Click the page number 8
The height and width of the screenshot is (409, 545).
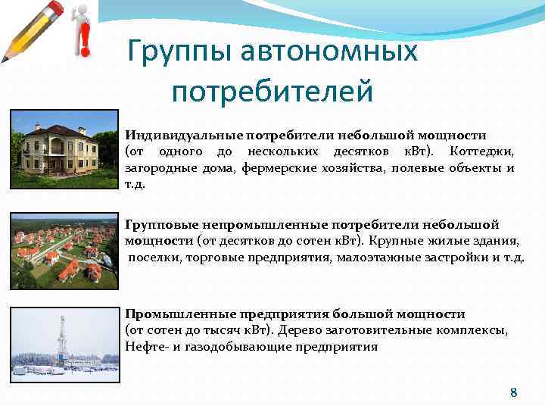tap(514, 392)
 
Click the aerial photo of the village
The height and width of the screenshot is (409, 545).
tap(64, 252)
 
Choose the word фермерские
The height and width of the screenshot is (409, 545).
tap(275, 168)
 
